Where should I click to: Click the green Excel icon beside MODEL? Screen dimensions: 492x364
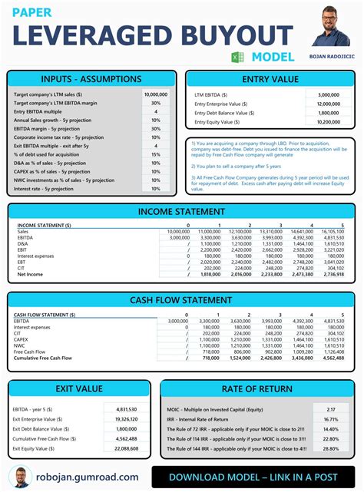click(x=238, y=57)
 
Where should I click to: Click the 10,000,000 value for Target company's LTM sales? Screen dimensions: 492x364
click(x=156, y=94)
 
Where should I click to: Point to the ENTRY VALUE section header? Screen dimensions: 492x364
click(x=270, y=79)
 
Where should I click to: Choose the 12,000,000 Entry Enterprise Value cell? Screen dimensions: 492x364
click(x=328, y=103)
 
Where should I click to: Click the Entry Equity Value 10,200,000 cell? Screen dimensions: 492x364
click(x=328, y=121)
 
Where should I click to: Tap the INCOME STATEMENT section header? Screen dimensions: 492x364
click(x=182, y=211)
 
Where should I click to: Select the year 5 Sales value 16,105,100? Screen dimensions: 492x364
click(x=333, y=230)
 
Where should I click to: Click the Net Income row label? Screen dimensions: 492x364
click(x=31, y=274)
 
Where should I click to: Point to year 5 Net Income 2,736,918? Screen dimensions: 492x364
click(x=333, y=274)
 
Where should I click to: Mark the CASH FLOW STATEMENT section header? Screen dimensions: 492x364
click(x=182, y=300)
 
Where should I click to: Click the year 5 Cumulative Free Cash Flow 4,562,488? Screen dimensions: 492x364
click(x=333, y=357)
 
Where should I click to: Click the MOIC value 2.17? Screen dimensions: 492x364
click(x=330, y=409)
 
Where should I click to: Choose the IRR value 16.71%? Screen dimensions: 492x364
click(x=330, y=419)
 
